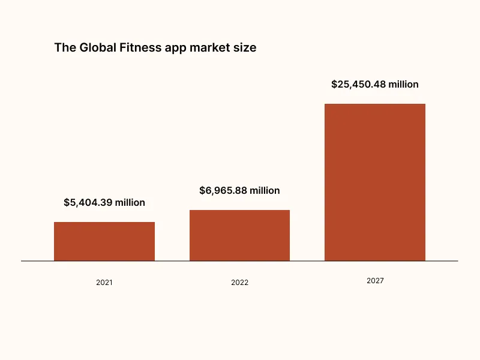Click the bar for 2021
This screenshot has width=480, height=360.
point(104,241)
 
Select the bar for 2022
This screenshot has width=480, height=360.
point(239,235)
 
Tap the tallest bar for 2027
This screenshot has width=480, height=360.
point(375,182)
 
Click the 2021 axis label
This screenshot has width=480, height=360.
point(104,282)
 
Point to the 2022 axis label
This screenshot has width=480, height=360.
point(239,283)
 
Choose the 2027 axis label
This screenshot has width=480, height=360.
point(375,281)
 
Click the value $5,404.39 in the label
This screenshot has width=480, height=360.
point(87,203)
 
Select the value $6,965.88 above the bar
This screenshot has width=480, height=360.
point(223,191)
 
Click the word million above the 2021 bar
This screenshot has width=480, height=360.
point(129,203)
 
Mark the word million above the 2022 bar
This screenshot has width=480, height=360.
point(264,191)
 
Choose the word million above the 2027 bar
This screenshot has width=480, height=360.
point(403,85)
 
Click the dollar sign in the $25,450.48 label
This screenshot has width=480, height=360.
point(334,85)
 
